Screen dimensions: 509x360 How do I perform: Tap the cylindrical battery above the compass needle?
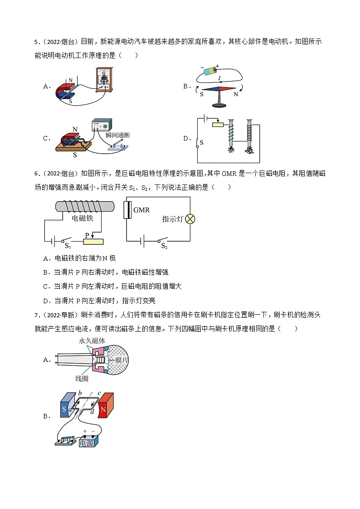tap(211, 71)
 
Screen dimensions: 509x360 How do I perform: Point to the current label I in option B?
tap(219, 78)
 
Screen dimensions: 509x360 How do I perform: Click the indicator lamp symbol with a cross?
tap(190, 219)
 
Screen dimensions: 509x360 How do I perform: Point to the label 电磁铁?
tap(83, 218)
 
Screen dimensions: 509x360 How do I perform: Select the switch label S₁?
tap(68, 246)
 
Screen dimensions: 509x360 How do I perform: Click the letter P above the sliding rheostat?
tap(88, 235)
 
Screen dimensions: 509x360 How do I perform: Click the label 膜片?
tap(122, 359)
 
